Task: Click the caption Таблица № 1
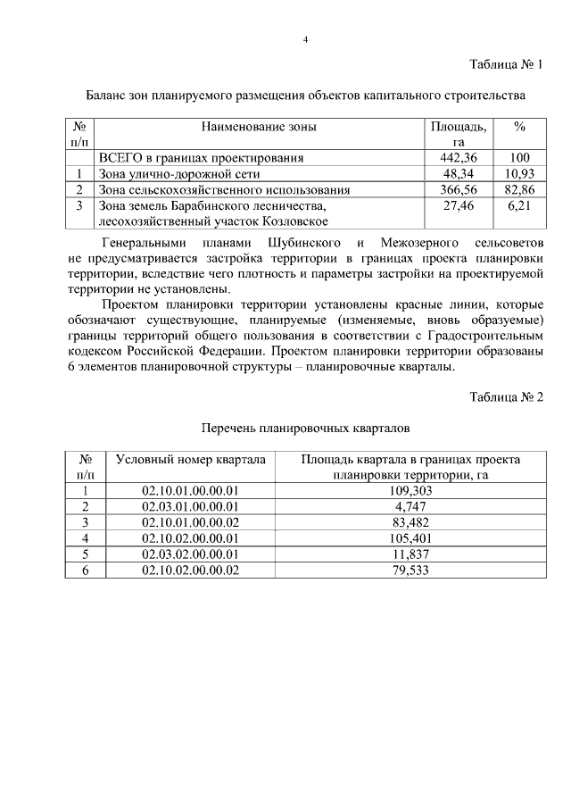click(x=507, y=64)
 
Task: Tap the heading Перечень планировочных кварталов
click(x=304, y=428)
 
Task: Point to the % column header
click(x=518, y=127)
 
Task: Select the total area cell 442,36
click(x=459, y=158)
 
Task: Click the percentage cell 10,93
click(x=518, y=173)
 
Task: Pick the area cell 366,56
click(x=459, y=189)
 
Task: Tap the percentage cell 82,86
click(x=518, y=189)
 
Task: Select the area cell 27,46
click(x=459, y=205)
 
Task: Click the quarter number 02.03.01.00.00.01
click(x=191, y=506)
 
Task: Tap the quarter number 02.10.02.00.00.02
click(x=191, y=570)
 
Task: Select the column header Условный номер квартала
click(x=191, y=459)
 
